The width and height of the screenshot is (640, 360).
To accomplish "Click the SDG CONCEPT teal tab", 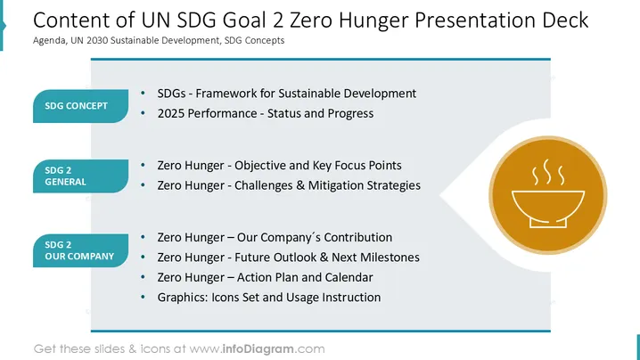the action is coord(80,106).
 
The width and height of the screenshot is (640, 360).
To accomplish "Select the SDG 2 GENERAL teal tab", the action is coord(80,176).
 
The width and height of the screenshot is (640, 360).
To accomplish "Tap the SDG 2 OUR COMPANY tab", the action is coord(80,250).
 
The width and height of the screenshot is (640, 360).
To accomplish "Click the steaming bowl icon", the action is coord(548,194).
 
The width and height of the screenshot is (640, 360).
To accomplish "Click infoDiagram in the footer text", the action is coord(258,349).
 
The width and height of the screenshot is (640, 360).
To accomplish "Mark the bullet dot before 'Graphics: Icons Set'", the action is coord(143,297).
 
